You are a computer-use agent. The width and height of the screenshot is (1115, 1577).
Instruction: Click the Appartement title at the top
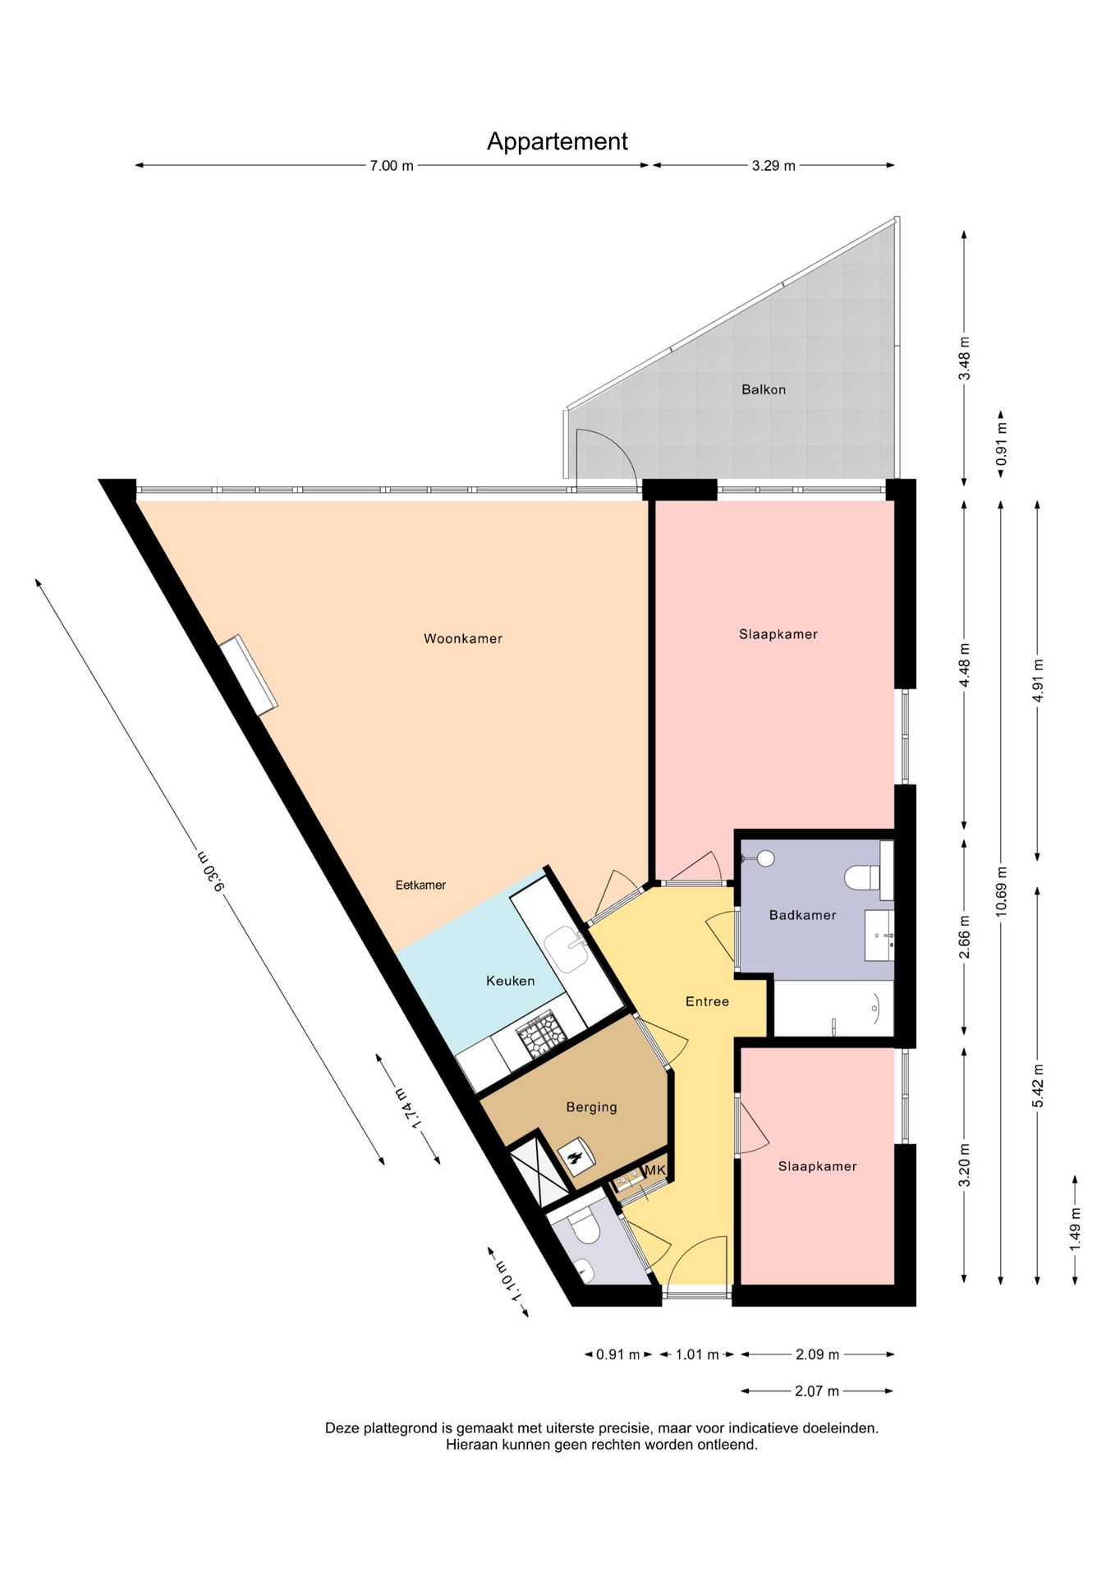[557, 142]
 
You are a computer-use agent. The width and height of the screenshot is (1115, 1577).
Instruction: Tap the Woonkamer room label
[463, 638]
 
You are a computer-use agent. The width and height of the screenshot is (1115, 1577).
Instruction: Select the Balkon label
[764, 389]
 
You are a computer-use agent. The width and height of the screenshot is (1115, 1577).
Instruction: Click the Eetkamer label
[420, 885]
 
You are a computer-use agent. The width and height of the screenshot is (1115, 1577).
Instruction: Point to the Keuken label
[510, 981]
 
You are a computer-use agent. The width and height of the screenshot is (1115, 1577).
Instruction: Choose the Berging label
[591, 1107]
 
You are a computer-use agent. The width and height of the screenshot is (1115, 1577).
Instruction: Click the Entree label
[707, 1001]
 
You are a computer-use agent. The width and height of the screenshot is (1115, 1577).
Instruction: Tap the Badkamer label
[802, 915]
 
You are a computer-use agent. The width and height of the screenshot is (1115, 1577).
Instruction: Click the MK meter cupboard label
[654, 1170]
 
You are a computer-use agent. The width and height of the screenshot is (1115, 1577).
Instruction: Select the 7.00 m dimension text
[392, 166]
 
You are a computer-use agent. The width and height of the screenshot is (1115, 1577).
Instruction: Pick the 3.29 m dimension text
[773, 166]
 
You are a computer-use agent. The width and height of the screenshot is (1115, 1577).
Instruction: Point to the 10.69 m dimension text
[1001, 891]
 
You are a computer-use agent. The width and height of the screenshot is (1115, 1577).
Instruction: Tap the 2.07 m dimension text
[817, 1391]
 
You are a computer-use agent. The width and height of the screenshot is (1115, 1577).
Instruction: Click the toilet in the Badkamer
[862, 877]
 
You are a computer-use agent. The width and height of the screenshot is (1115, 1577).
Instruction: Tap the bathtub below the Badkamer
[834, 1009]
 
